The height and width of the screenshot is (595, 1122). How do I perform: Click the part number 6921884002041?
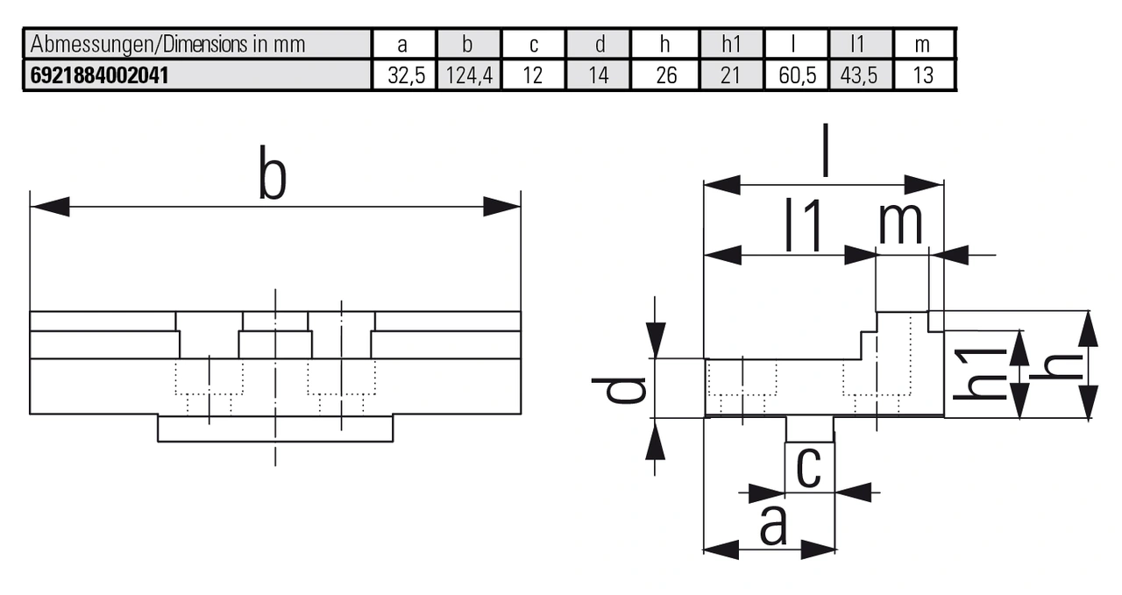(98, 74)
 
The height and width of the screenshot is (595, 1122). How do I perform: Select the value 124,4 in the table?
(469, 74)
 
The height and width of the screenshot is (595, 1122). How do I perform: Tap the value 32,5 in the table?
(405, 74)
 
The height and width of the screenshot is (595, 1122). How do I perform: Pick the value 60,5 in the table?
(797, 74)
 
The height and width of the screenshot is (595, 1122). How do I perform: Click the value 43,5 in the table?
(859, 74)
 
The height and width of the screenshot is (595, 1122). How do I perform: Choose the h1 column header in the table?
(731, 45)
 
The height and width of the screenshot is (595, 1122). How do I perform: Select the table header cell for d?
(599, 45)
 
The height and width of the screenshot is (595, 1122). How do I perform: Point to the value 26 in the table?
(666, 74)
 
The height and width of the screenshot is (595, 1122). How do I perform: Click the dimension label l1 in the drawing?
(803, 226)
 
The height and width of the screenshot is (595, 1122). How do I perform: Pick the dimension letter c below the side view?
(808, 469)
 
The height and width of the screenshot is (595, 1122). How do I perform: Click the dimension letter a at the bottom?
(772, 526)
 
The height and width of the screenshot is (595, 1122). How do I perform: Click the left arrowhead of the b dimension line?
(49, 207)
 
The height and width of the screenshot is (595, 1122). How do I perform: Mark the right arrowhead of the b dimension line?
(502, 207)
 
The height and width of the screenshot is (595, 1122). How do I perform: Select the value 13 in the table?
(923, 74)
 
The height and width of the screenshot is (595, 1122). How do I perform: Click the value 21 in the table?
(731, 74)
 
